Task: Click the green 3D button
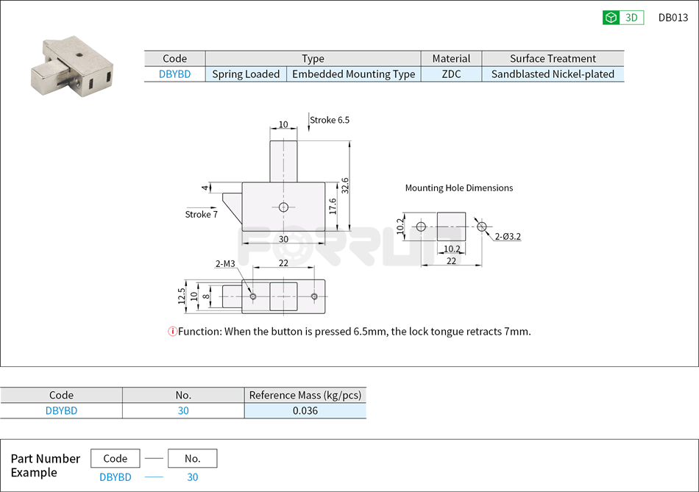pyautogui.click(x=622, y=18)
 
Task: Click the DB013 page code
pyautogui.click(x=673, y=18)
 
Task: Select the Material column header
pyautogui.click(x=451, y=59)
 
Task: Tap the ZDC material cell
pyautogui.click(x=451, y=74)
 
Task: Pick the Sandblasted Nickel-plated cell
pyautogui.click(x=553, y=74)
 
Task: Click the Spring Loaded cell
pyautogui.click(x=246, y=74)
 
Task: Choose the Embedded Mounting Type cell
pyautogui.click(x=353, y=74)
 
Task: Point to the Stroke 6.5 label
pyautogui.click(x=329, y=120)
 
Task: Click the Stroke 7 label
pyautogui.click(x=201, y=214)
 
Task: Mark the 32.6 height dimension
pyautogui.click(x=345, y=185)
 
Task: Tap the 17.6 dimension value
pyautogui.click(x=333, y=206)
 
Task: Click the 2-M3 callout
pyautogui.click(x=225, y=263)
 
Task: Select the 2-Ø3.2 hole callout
pyautogui.click(x=508, y=236)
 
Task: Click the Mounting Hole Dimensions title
pyautogui.click(x=458, y=188)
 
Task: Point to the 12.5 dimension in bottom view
pyautogui.click(x=182, y=296)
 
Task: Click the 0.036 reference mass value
pyautogui.click(x=305, y=410)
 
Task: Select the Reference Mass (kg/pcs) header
pyautogui.click(x=305, y=395)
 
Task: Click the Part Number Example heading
pyautogui.click(x=45, y=466)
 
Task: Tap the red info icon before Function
pyautogui.click(x=173, y=332)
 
